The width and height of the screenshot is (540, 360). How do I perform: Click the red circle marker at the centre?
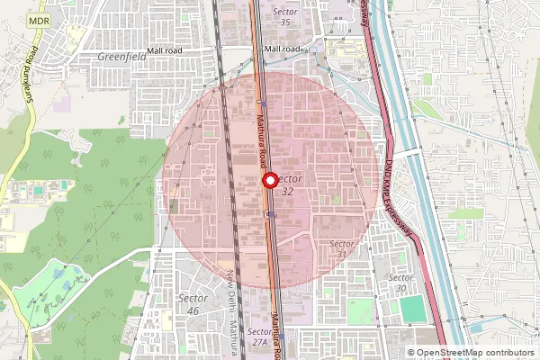pos(269,180)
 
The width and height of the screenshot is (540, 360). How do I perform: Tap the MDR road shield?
pos(38,19)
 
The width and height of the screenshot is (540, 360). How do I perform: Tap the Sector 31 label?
pos(341,249)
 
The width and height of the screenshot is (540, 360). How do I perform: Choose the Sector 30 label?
pos(401,283)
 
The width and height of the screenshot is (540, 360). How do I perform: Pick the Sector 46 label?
pos(193,303)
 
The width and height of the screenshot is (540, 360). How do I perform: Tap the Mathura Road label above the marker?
pos(261,135)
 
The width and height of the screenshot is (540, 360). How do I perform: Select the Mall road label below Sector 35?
pos(283,49)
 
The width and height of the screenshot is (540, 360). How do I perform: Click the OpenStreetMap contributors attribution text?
pos(474,353)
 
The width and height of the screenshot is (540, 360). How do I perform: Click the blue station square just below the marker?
pos(270,213)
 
